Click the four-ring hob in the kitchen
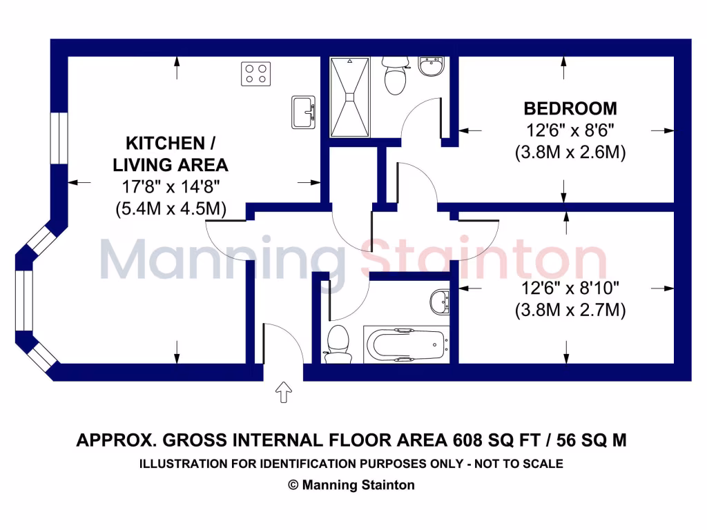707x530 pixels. (x=255, y=74)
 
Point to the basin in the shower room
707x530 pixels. (x=432, y=67)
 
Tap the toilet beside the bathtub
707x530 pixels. (x=338, y=342)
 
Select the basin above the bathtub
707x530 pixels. (x=439, y=302)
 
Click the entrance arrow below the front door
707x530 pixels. (x=284, y=393)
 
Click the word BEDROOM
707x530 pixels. (x=570, y=108)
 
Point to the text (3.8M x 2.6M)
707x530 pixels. (x=570, y=153)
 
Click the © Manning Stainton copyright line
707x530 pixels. (x=351, y=485)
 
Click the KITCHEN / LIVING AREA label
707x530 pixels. (x=171, y=154)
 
